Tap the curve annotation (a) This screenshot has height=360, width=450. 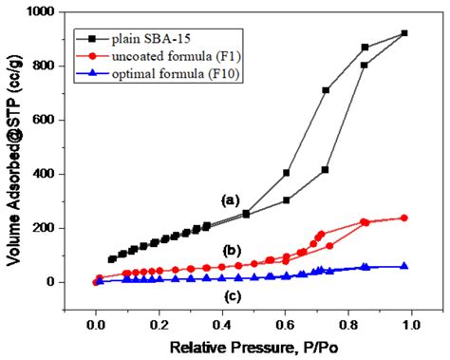pos(230,200)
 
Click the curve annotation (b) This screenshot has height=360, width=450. pos(230,250)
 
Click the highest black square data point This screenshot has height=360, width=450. pos(404,33)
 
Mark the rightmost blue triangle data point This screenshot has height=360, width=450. pos(404,266)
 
